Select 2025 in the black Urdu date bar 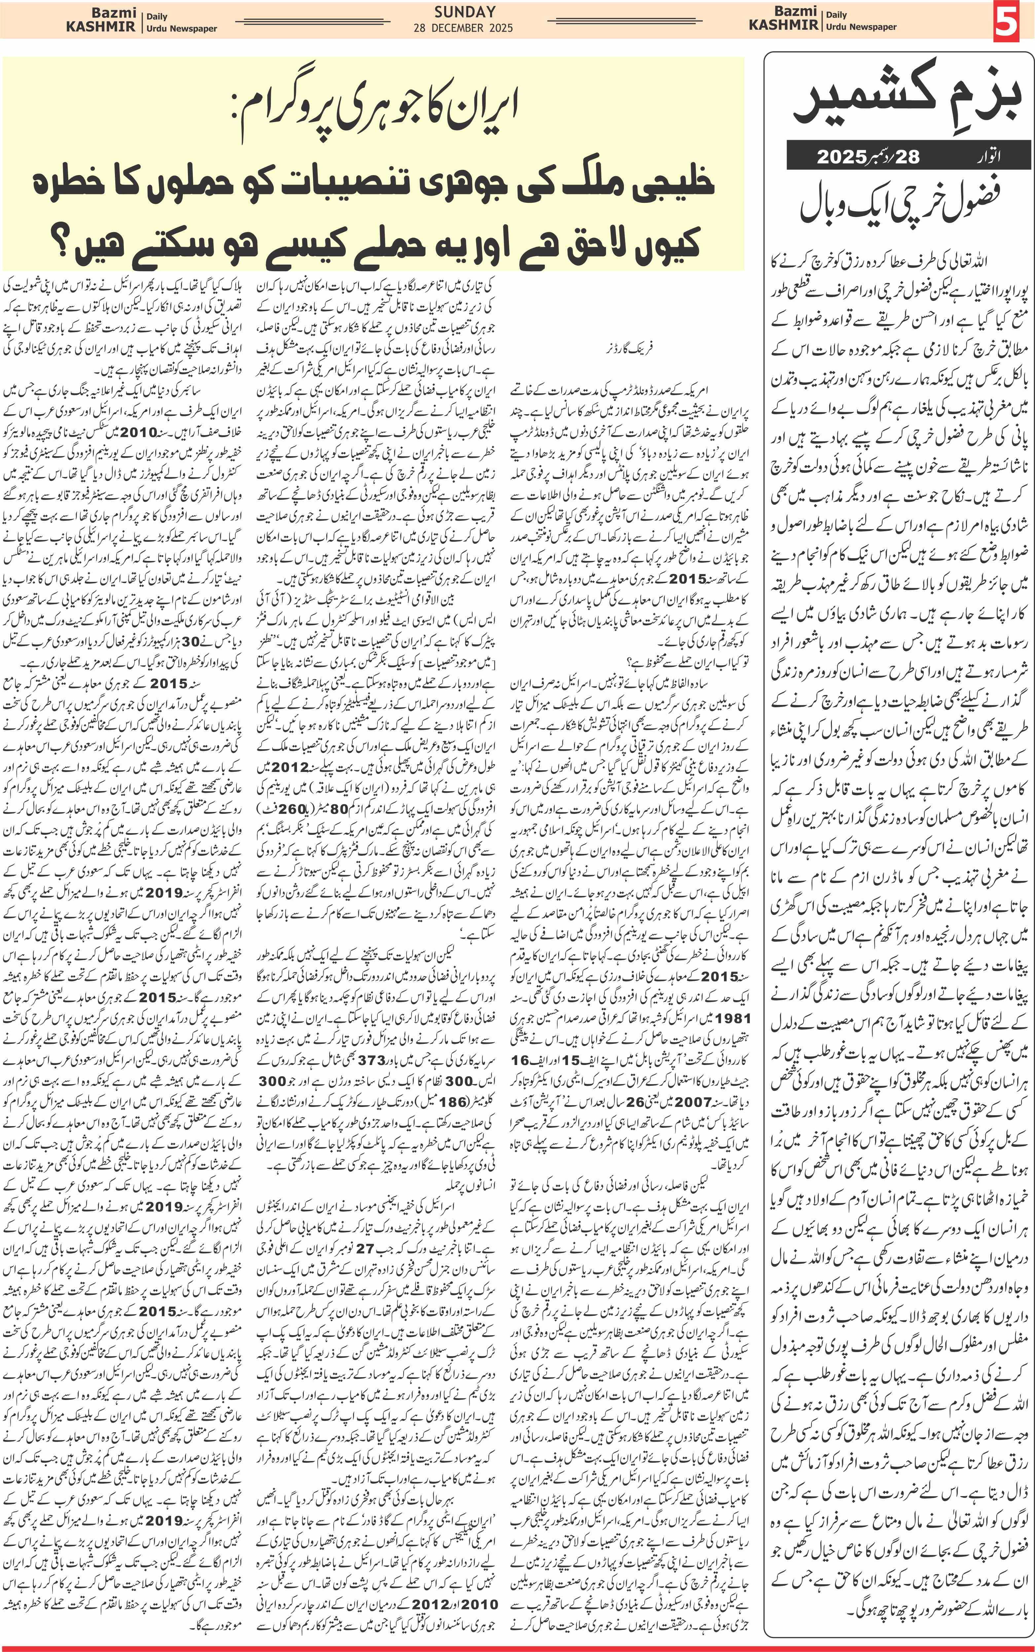point(842,157)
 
